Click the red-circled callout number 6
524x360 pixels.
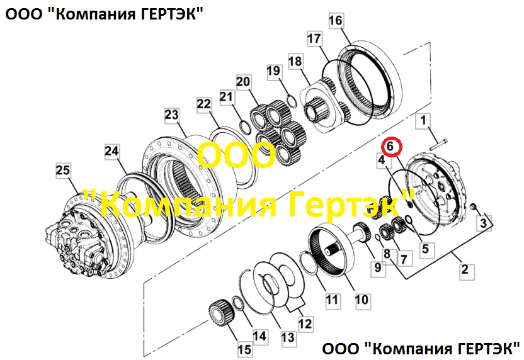[x=391, y=146]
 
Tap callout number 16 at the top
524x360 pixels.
[x=336, y=21]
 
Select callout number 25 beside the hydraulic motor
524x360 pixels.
[x=63, y=170]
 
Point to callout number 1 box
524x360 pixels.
[x=423, y=120]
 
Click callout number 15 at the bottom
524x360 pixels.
[x=244, y=349]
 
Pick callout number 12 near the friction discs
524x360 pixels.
[x=305, y=323]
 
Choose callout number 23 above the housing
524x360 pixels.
[x=172, y=115]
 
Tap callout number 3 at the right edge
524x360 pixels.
[x=484, y=223]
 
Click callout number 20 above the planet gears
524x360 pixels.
[x=243, y=81]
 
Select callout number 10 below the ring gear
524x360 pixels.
[x=362, y=300]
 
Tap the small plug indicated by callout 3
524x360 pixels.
[x=472, y=208]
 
